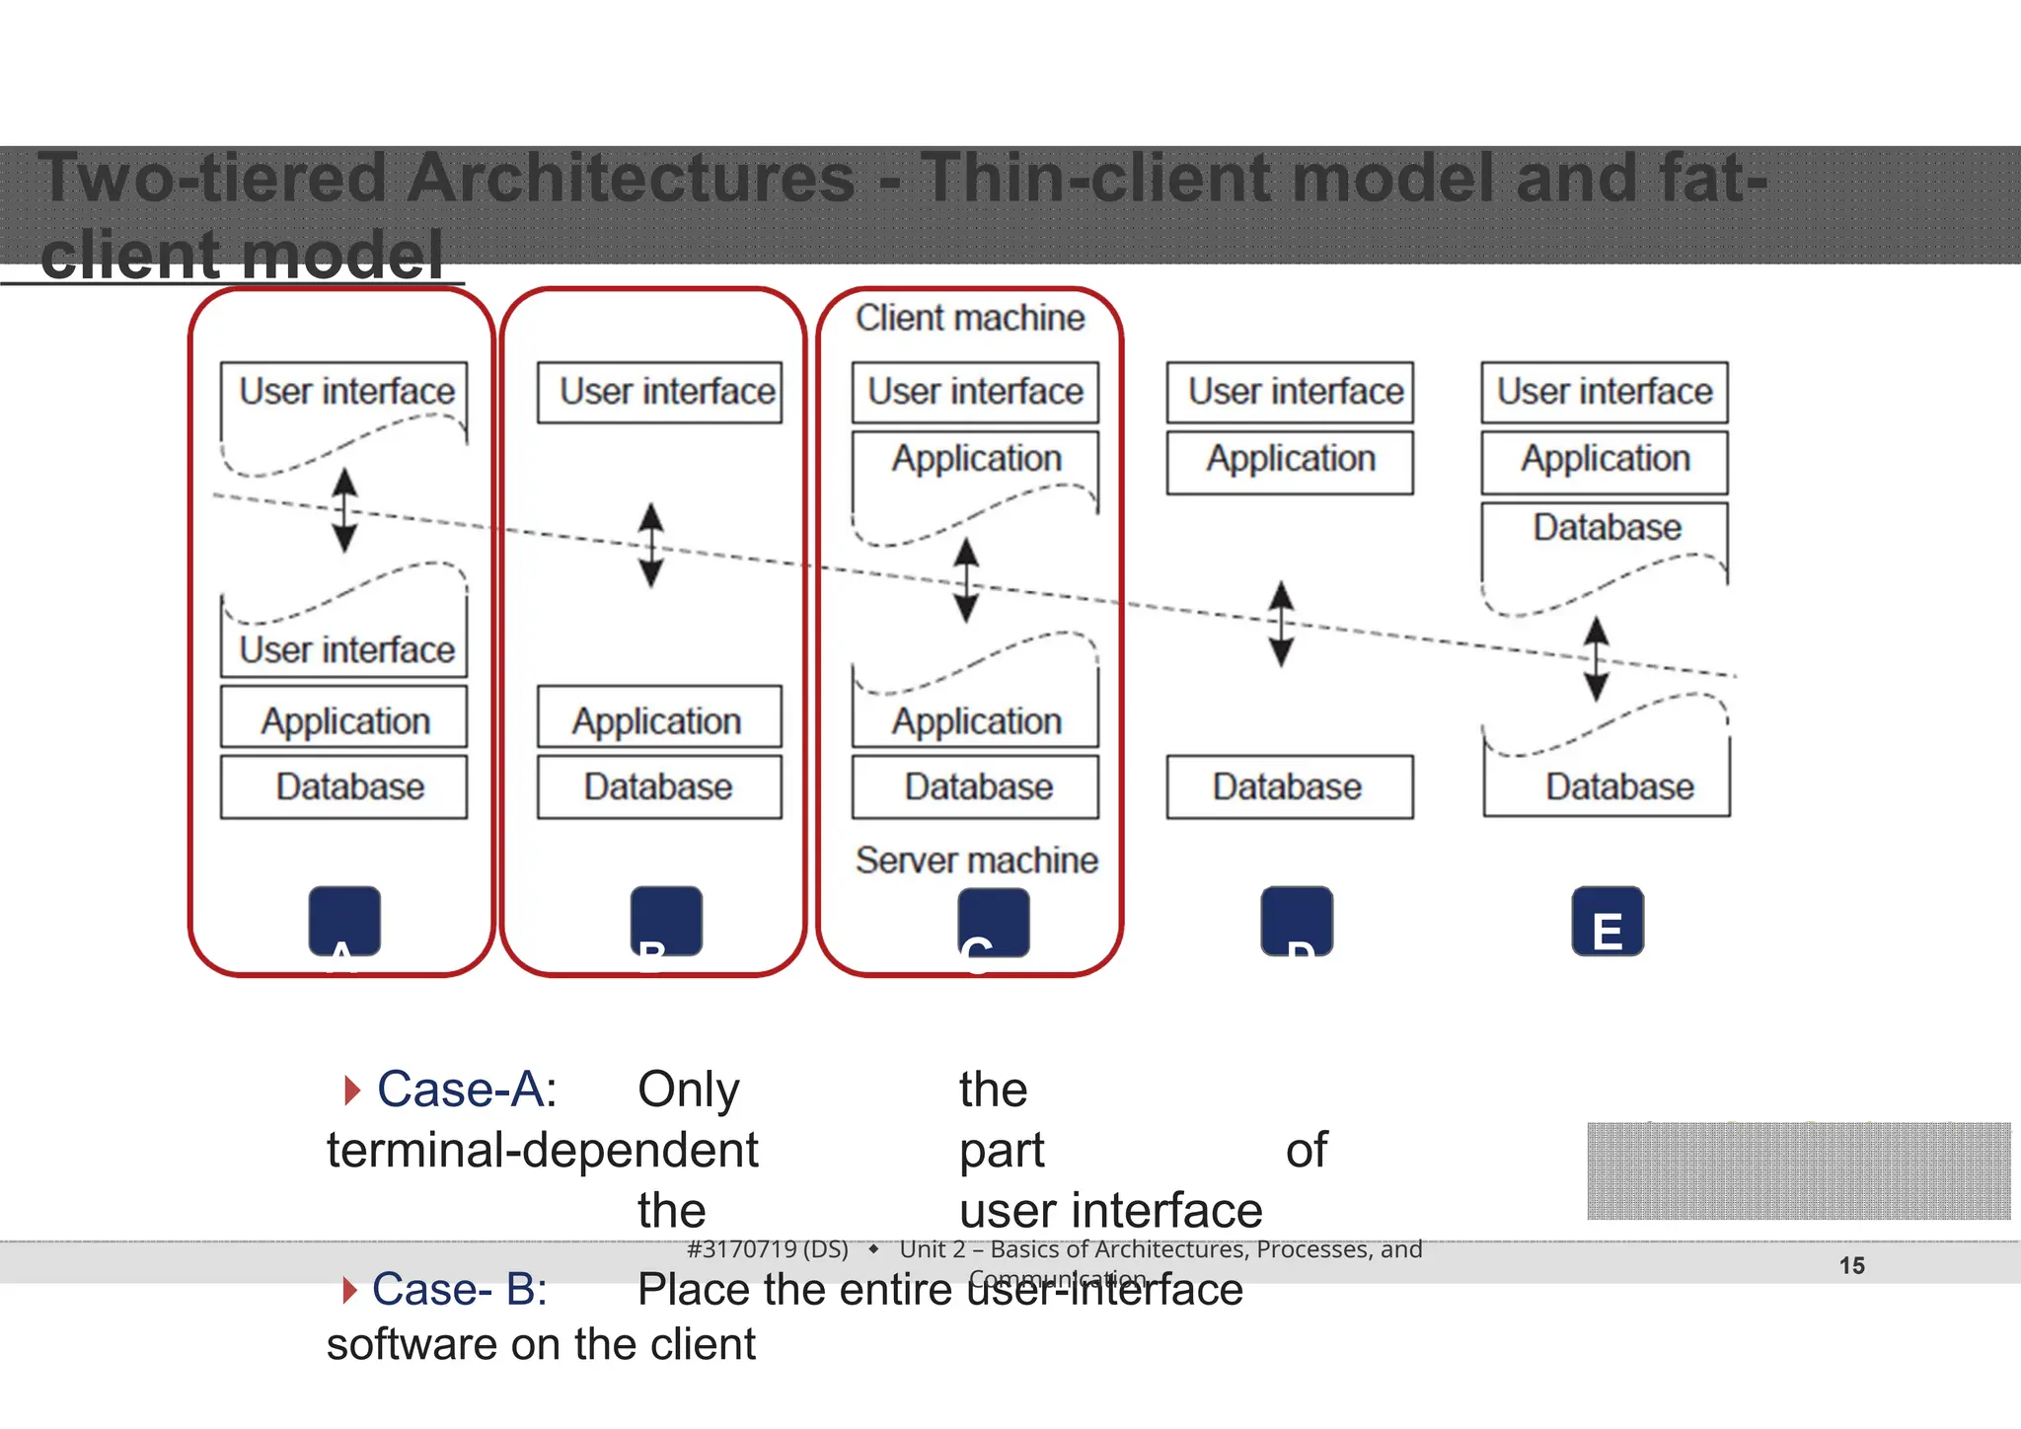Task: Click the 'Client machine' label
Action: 969,319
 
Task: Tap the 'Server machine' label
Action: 976,861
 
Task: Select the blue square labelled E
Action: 1607,922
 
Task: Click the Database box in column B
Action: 659,788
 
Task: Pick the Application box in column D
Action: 1290,460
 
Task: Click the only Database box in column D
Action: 1289,788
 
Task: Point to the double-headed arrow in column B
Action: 650,545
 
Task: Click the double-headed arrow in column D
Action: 1281,624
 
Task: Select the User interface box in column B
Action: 659,393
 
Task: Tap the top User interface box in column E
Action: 1605,393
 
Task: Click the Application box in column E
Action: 1605,460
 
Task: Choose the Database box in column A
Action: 344,788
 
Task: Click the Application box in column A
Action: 344,719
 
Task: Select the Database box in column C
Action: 976,788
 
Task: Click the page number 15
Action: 1851,1265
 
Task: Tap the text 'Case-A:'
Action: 467,1091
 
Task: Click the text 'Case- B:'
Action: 459,1289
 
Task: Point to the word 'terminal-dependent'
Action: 542,1151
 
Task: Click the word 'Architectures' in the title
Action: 631,179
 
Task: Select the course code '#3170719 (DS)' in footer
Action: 767,1249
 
